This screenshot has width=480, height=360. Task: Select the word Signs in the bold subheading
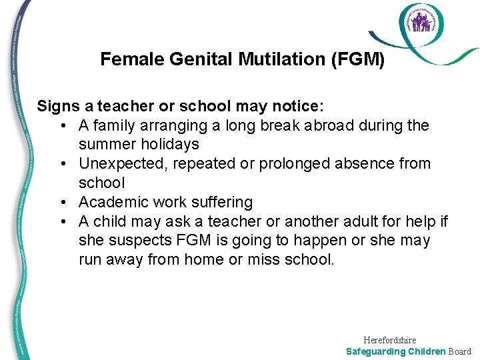pos(57,106)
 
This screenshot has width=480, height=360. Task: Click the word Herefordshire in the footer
pos(390,340)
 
